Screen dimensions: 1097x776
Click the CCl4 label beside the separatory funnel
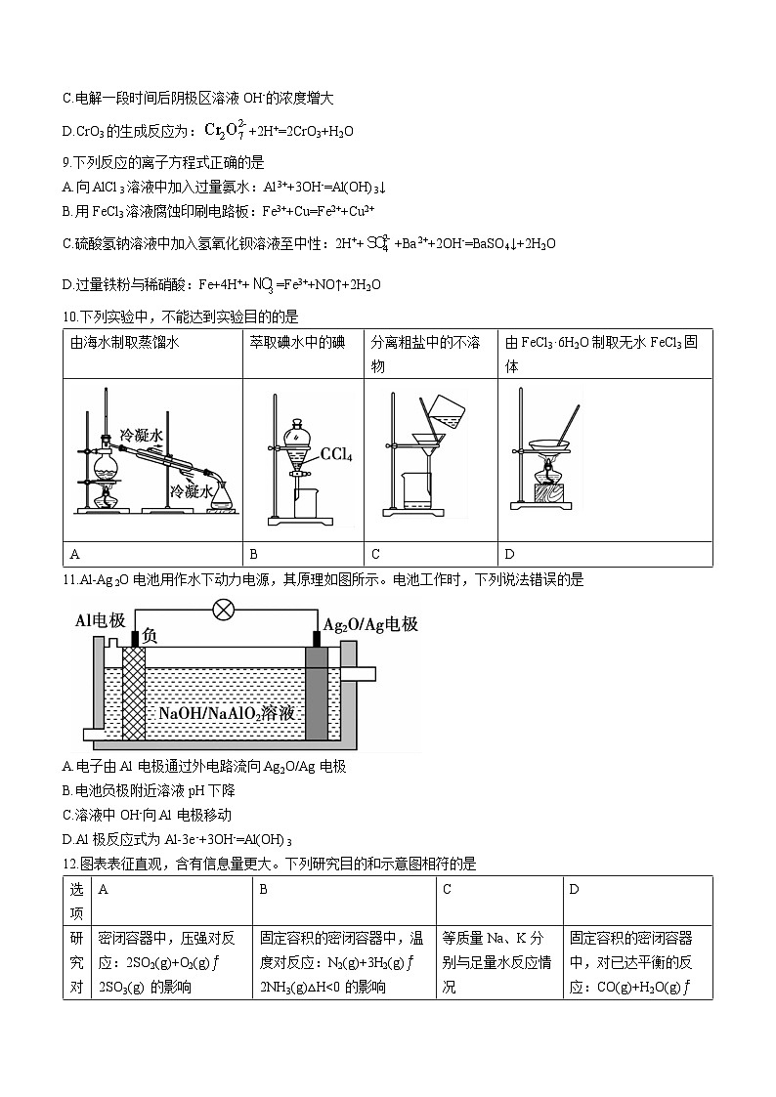pyautogui.click(x=336, y=455)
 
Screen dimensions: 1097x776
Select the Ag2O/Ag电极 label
pyautogui.click(x=369, y=622)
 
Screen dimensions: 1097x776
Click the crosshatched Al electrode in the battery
pyautogui.click(x=132, y=694)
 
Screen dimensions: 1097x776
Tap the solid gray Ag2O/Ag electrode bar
pyautogui.click(x=318, y=694)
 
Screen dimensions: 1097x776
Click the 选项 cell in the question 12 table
pyautogui.click(x=76, y=900)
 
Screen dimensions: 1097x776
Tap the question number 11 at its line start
pyautogui.click(x=69, y=580)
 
